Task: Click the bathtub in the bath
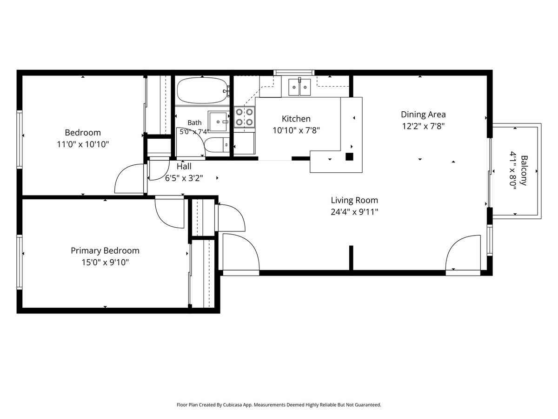click(202, 90)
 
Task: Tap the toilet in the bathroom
click(217, 145)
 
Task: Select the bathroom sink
click(218, 122)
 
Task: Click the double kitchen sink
click(299, 87)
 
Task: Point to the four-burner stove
click(244, 117)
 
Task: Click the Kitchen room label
click(296, 119)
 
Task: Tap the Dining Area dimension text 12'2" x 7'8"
click(423, 126)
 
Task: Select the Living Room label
click(354, 200)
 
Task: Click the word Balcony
click(524, 170)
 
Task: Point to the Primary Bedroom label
click(105, 250)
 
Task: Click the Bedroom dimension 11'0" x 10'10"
click(83, 144)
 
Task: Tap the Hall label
click(184, 167)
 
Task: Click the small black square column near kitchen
click(349, 157)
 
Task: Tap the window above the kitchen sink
click(294, 73)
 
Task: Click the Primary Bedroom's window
click(20, 262)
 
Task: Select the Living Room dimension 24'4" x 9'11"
click(354, 212)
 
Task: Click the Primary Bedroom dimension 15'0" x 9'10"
click(105, 262)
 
